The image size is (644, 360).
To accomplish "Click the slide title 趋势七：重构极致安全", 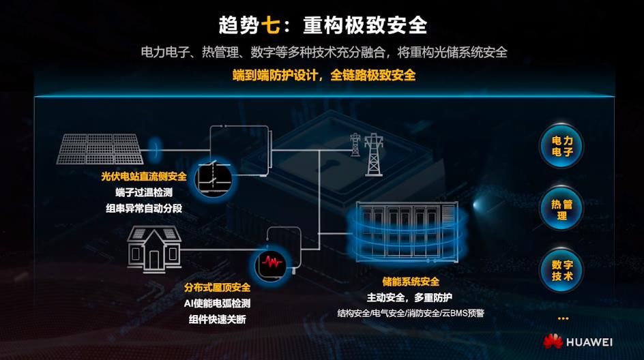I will coord(323,25).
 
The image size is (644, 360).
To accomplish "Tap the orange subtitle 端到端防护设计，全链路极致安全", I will coord(323,75).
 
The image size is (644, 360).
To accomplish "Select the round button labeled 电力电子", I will coord(562,146).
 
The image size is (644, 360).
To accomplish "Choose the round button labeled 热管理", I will coord(562,209).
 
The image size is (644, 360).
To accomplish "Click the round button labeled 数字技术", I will coord(562,270).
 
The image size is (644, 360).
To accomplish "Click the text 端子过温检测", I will coord(144,192).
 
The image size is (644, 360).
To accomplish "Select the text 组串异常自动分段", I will coord(144,208).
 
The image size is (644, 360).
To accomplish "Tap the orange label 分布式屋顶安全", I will coord(217,288).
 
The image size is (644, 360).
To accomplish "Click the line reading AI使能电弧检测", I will coord(217,303).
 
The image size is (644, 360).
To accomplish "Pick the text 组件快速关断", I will coord(217,319).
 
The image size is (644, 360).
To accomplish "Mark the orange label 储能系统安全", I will coord(410,282).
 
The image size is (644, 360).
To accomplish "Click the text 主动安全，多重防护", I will coord(410,297).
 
